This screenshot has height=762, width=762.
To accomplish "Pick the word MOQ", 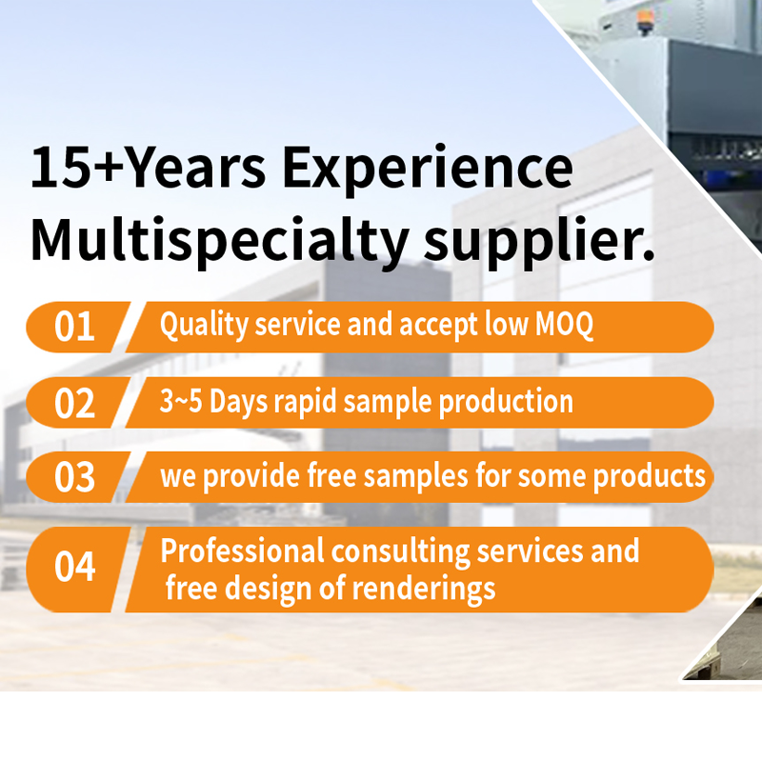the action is (x=564, y=324).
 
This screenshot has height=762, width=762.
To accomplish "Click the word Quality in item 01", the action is (x=204, y=325).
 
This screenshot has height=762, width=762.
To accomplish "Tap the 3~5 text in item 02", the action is (x=180, y=401).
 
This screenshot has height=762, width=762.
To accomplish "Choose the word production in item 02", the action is (x=507, y=402).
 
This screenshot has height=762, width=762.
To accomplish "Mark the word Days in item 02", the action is (x=238, y=403).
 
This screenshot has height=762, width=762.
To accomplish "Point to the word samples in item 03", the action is (x=415, y=476).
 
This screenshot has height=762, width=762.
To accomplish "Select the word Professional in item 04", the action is (x=242, y=551).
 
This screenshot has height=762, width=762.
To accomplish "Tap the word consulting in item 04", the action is (x=400, y=552).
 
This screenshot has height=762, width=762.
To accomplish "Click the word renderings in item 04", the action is (x=423, y=589).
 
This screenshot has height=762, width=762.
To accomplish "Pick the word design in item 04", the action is (x=268, y=589).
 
